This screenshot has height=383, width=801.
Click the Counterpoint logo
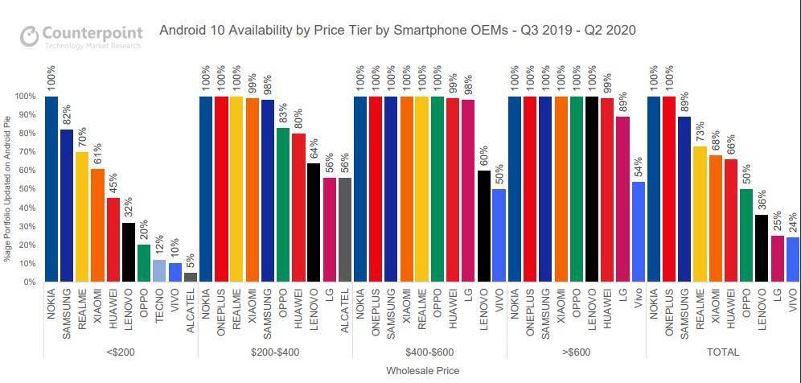(x=81, y=36)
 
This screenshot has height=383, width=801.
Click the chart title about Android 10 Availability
(x=398, y=31)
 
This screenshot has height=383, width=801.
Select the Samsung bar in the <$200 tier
(x=67, y=205)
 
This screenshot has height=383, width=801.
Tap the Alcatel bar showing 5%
(x=191, y=278)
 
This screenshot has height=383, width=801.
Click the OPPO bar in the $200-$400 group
(x=283, y=204)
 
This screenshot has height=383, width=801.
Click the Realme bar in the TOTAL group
(x=700, y=214)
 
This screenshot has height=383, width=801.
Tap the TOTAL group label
(x=723, y=352)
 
